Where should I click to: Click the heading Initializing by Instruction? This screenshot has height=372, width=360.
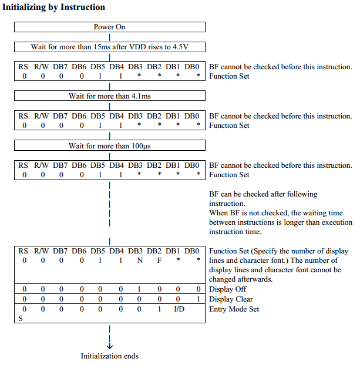pos(53,8)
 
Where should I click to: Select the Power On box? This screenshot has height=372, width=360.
pos(109,27)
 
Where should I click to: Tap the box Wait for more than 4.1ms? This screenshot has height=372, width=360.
pos(109,95)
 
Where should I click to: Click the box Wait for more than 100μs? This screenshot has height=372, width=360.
pos(109,145)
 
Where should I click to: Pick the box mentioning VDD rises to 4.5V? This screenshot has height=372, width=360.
pos(109,46)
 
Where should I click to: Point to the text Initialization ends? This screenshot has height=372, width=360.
pos(110,356)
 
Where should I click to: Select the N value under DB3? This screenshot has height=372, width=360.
pos(140,260)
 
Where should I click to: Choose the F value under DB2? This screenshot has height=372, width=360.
pos(159,260)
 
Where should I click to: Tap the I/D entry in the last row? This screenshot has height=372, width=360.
pos(179,309)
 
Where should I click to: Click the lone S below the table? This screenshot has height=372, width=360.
pos(21,319)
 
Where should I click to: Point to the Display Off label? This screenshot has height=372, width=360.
pos(228,289)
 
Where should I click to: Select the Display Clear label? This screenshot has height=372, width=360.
pos(231,299)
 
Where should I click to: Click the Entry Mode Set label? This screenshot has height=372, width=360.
pos(234,309)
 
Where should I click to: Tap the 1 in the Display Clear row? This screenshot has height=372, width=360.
pos(199,299)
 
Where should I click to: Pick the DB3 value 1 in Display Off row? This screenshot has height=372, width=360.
pos(140,289)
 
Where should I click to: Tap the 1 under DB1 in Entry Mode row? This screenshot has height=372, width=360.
pos(159,309)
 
